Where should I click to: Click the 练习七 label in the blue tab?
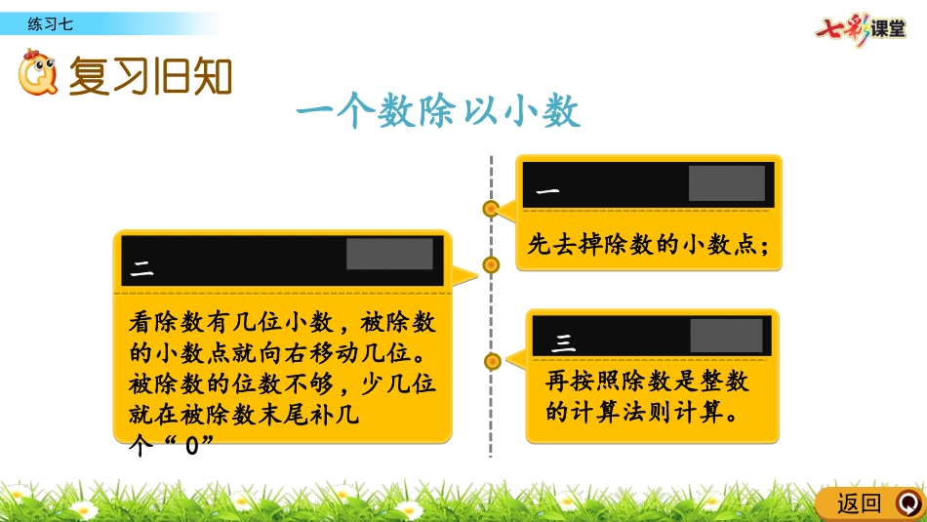(50, 24)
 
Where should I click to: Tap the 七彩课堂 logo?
(861, 28)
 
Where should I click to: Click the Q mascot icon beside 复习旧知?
(37, 73)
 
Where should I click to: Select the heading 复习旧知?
(150, 76)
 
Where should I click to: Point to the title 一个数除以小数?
(438, 110)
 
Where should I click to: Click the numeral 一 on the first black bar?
(547, 191)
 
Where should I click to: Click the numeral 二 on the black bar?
(141, 269)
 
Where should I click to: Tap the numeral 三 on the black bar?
(563, 342)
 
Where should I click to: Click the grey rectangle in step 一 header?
(727, 183)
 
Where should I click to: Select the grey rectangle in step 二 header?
(389, 255)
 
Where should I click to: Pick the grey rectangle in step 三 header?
(727, 336)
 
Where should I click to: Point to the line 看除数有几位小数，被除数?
(282, 322)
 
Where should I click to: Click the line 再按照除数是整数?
(647, 381)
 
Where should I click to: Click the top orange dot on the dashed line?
(491, 209)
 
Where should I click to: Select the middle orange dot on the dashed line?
(491, 264)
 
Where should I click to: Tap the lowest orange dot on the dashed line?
(492, 361)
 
